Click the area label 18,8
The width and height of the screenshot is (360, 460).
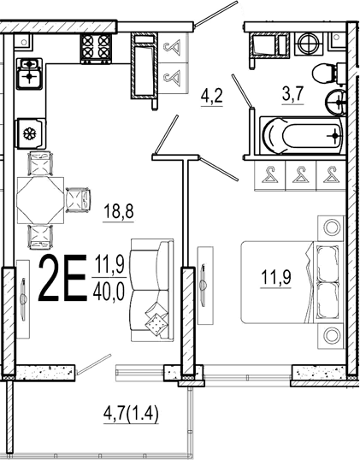pos(119,212)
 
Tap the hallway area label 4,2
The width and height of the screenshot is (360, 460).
pos(212,96)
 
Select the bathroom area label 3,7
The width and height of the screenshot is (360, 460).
pos(292,94)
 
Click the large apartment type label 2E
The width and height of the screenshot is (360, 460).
pos(62,278)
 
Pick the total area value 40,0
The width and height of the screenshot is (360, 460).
pos(109,292)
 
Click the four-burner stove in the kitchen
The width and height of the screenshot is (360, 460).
pos(96,48)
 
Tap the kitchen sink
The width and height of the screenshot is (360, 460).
pos(29,74)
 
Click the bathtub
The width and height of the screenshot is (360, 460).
pos(303,136)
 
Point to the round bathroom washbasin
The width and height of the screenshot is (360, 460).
pos(336,103)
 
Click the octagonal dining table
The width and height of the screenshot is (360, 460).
pos(40,200)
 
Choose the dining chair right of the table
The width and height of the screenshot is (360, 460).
pos(78,200)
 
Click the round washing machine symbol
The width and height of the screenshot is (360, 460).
pos(308,44)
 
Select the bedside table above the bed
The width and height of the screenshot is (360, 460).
pos(331,228)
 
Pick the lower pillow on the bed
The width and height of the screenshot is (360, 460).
pos(328,301)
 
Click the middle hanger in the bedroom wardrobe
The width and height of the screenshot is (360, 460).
pos(301,175)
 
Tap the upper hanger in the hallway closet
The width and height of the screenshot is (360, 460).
pos(172,48)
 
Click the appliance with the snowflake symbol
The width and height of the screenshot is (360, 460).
pos(31,133)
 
